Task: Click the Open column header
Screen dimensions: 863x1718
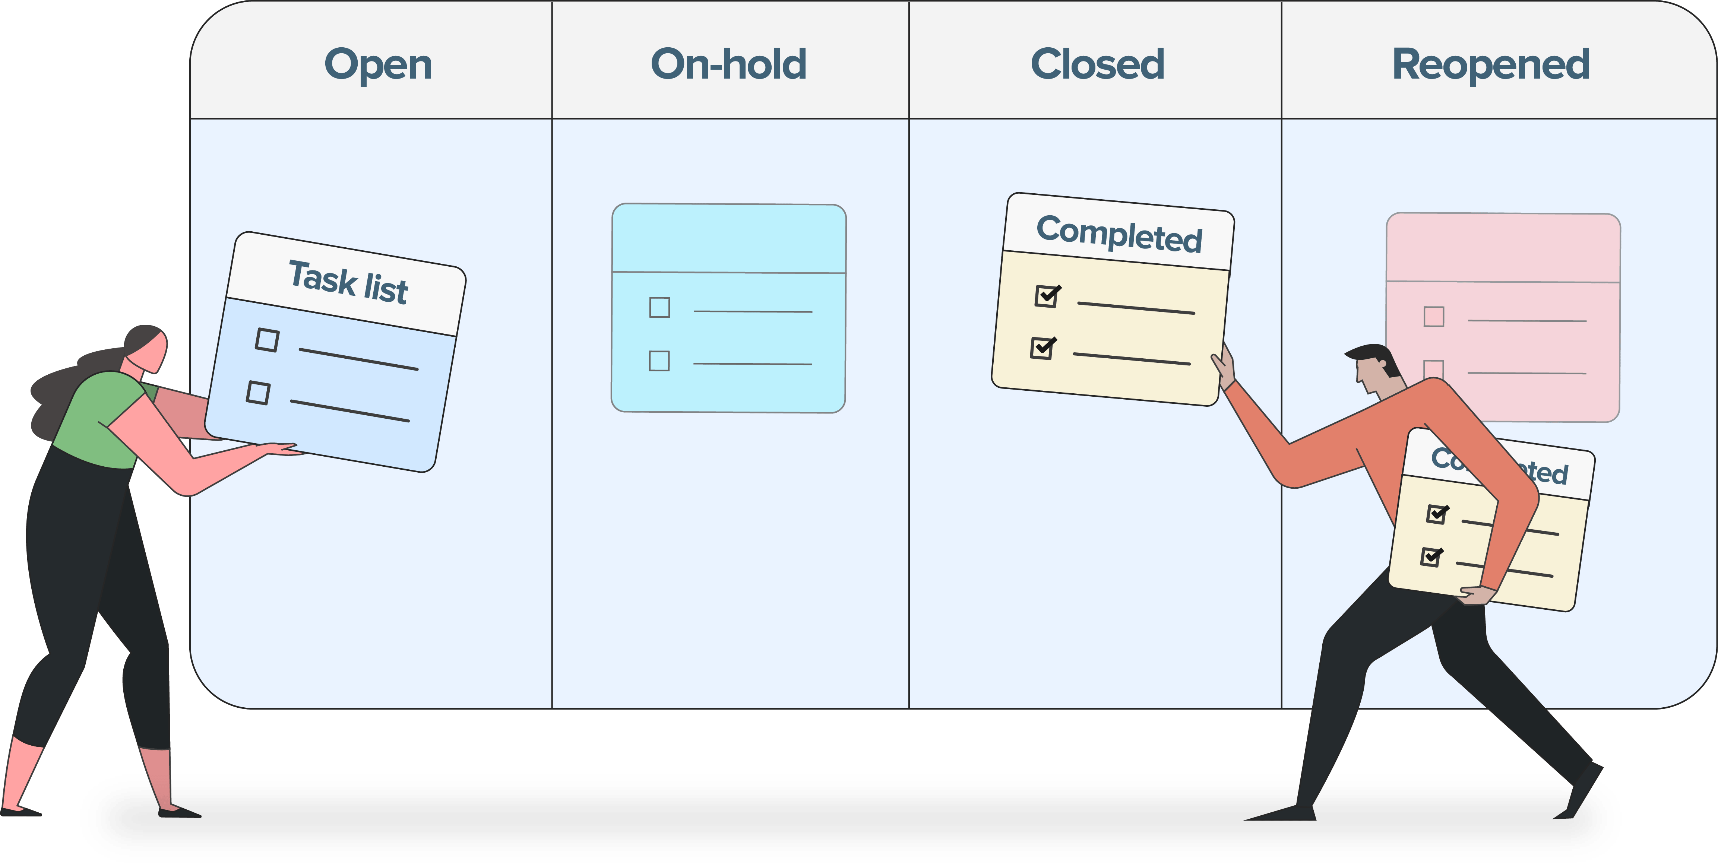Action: pyautogui.click(x=378, y=65)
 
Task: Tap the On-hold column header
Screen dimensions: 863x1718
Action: pyautogui.click(x=728, y=65)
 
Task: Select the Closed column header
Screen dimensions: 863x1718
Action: pyautogui.click(x=1097, y=65)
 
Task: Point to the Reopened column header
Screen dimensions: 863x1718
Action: pyautogui.click(x=1491, y=65)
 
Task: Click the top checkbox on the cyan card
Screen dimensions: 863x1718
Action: pyautogui.click(x=659, y=307)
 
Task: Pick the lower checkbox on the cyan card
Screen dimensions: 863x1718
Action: pyautogui.click(x=659, y=361)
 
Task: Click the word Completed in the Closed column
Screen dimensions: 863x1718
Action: pyautogui.click(x=1119, y=234)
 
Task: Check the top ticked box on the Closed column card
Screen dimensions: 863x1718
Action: pyautogui.click(x=1046, y=295)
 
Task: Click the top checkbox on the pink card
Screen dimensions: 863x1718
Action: pyautogui.click(x=1433, y=316)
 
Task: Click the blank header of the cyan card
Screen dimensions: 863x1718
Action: pyautogui.click(x=729, y=238)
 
